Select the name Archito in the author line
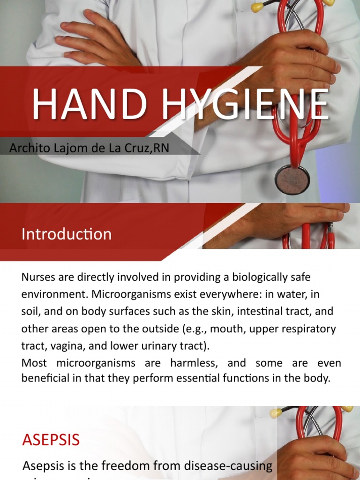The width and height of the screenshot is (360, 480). [28, 148]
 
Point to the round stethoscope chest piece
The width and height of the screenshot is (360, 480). [292, 180]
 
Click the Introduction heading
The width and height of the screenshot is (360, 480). [67, 234]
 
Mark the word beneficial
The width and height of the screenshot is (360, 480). [46, 378]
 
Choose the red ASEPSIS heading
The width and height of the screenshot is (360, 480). [51, 440]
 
